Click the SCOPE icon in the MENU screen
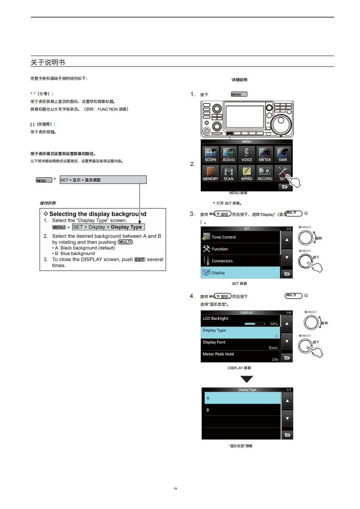point(211,154)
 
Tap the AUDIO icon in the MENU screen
point(229,154)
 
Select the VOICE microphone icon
point(247,154)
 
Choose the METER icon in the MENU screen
point(265,154)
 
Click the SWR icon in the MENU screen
point(282,154)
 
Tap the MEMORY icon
point(211,173)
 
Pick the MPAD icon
point(247,173)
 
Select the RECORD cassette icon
point(265,173)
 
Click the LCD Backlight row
point(241,321)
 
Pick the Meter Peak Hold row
point(241,356)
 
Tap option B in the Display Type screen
point(241,410)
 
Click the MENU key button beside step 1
point(239,94)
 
